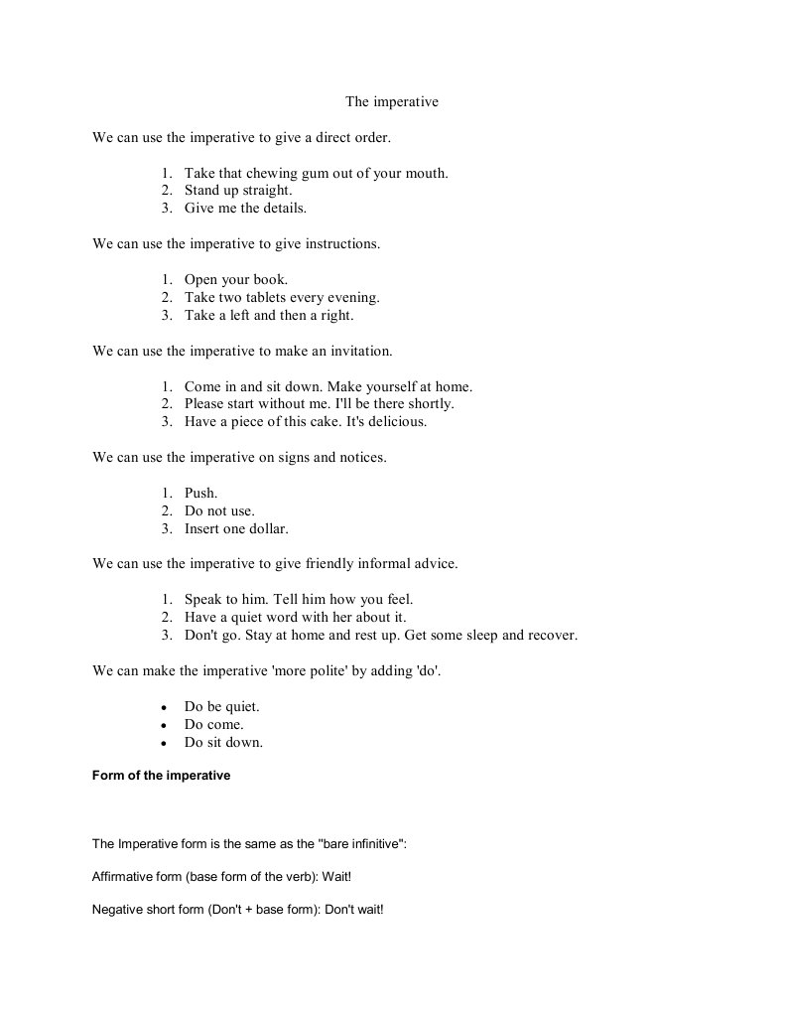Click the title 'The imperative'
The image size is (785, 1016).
(x=391, y=101)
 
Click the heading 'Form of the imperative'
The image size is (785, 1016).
(x=161, y=776)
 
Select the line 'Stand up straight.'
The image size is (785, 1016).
(x=238, y=191)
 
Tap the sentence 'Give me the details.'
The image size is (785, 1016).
(x=245, y=209)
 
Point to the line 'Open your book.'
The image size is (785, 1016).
(x=235, y=280)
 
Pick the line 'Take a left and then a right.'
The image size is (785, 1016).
(x=268, y=316)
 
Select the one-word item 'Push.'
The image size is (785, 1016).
(x=200, y=494)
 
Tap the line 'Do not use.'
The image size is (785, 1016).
(x=219, y=511)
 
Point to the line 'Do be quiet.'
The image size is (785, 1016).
(x=221, y=707)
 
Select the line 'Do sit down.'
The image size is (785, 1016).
(x=223, y=743)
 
